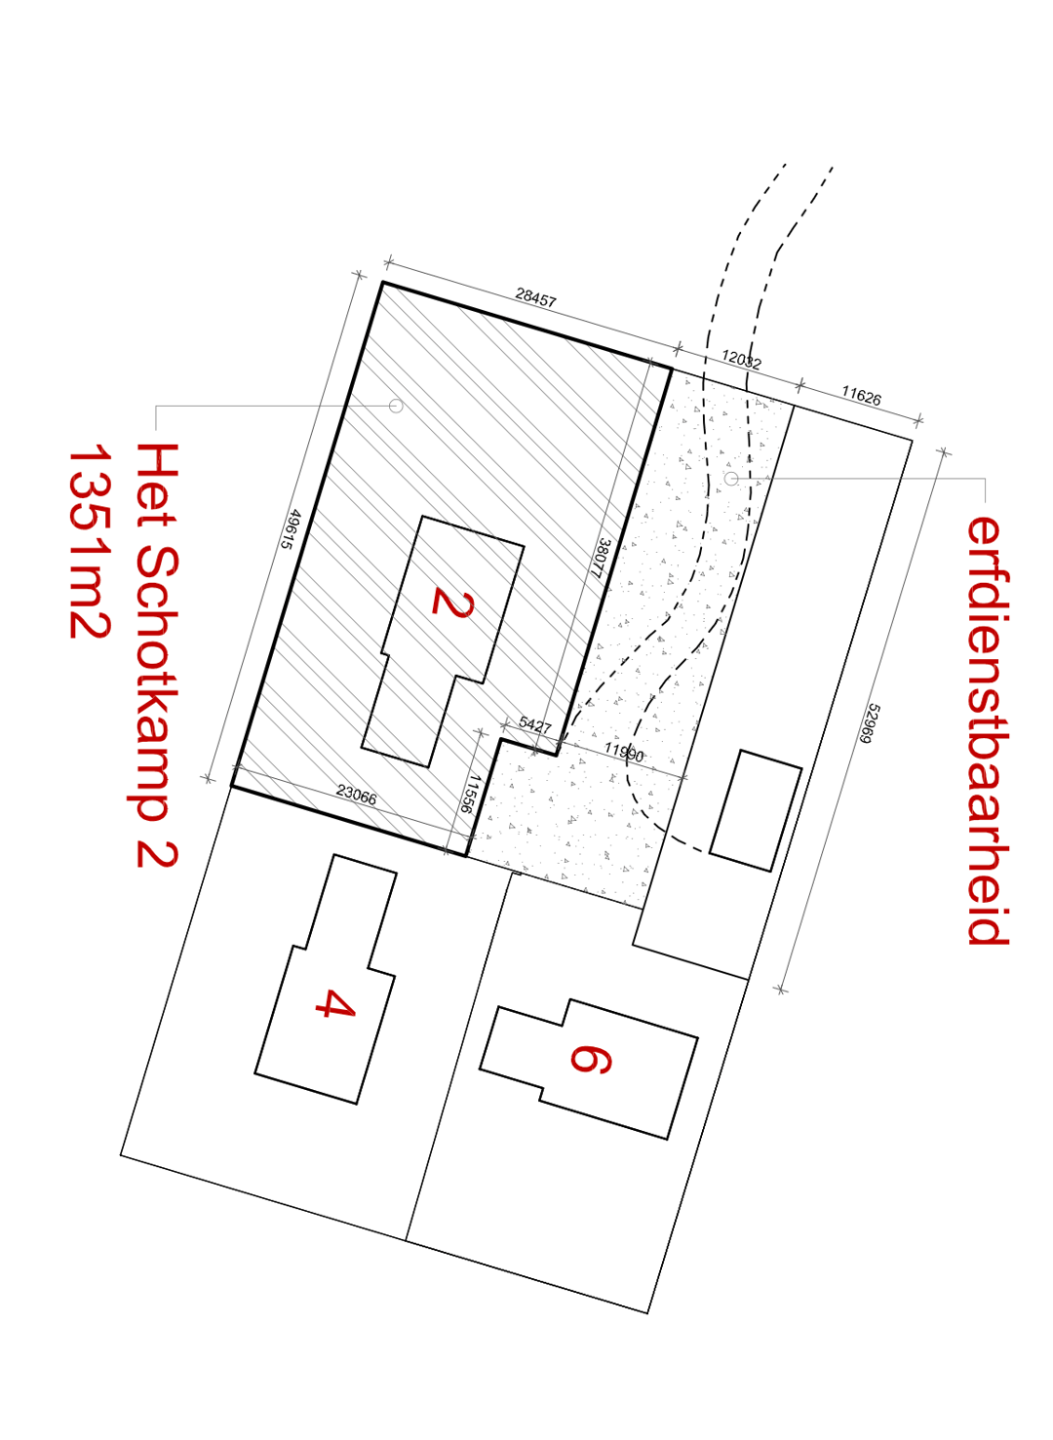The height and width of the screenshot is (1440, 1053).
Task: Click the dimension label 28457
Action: point(535,297)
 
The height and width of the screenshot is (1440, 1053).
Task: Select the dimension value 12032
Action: point(741,360)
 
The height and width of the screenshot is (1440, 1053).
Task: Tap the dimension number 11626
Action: point(861,396)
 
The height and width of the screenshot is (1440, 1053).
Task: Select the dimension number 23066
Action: point(356,796)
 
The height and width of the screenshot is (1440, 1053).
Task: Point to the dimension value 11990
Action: point(623,752)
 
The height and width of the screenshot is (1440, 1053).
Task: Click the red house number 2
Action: point(452,603)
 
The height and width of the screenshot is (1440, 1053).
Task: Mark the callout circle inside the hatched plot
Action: point(396,406)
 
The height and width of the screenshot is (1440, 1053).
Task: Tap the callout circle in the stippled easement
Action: point(731,479)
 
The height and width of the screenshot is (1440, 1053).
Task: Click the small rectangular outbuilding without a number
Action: point(756,810)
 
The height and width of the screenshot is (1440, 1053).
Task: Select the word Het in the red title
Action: point(156,485)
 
